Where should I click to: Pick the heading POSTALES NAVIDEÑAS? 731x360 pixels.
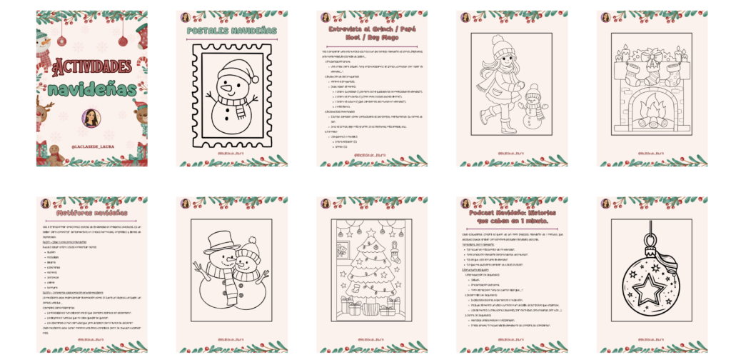(x=232, y=31)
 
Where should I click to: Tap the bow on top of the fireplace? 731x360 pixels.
(x=652, y=54)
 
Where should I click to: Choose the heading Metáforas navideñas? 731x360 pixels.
(x=91, y=212)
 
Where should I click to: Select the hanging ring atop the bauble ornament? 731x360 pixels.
(x=652, y=227)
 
